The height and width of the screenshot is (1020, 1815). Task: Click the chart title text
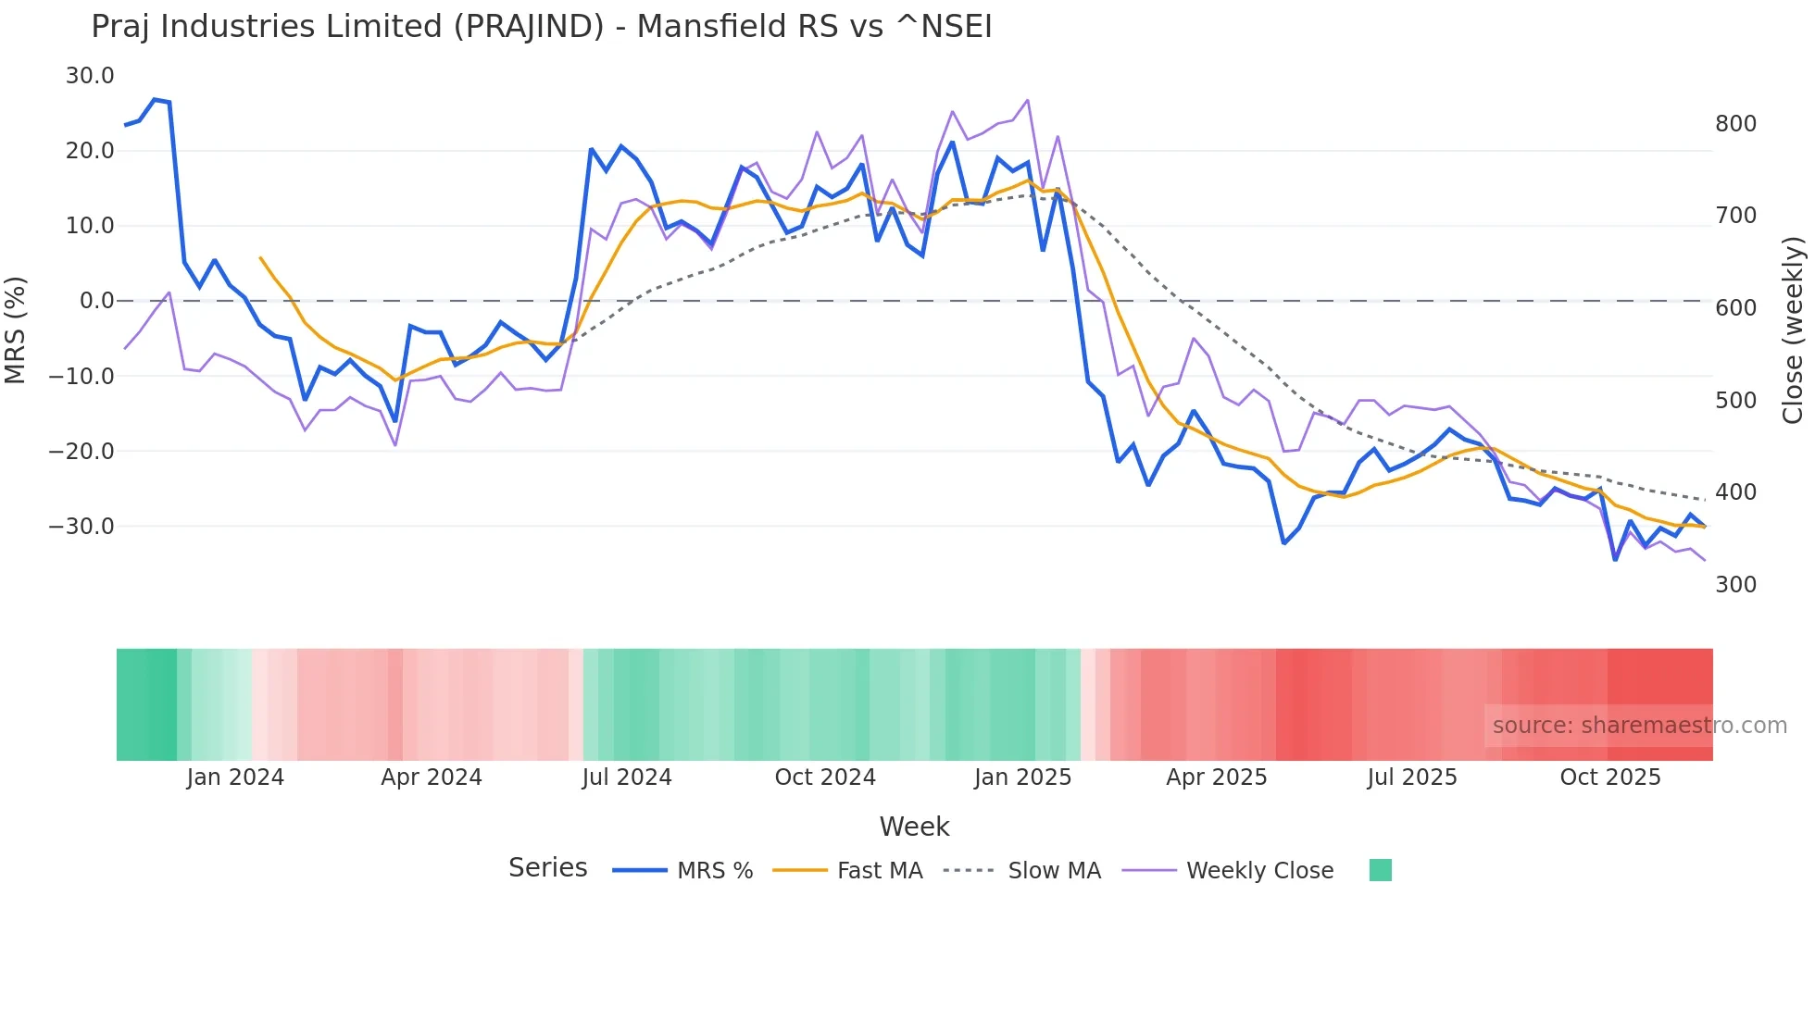(x=541, y=27)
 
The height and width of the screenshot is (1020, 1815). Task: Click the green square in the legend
(x=1380, y=870)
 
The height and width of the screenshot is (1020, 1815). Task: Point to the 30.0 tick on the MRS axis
(x=90, y=76)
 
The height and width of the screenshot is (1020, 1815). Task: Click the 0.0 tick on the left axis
(x=96, y=301)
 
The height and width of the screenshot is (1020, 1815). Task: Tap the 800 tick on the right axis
(x=1735, y=124)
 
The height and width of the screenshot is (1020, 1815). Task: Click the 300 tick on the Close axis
(x=1735, y=585)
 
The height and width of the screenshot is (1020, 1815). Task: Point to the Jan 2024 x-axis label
(x=235, y=777)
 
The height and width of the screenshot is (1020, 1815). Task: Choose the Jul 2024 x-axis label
(x=627, y=777)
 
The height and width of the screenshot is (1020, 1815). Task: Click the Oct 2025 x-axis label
(x=1610, y=777)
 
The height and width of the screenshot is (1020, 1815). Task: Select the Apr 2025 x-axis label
(x=1216, y=777)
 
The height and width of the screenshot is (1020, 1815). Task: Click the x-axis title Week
(x=914, y=827)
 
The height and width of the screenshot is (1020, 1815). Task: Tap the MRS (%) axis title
(x=16, y=330)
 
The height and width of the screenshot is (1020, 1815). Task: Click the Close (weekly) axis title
(x=1793, y=330)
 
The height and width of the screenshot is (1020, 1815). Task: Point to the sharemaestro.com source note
(x=1639, y=726)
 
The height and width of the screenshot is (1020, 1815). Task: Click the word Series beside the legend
(x=547, y=868)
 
